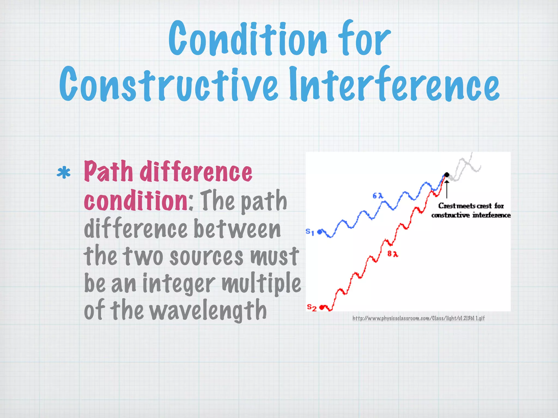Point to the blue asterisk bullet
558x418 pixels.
click(x=63, y=173)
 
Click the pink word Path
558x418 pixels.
click(x=108, y=171)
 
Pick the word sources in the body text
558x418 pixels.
click(x=206, y=257)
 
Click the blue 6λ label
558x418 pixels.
click(x=378, y=196)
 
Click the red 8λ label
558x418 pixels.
click(x=393, y=254)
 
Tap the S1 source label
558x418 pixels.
click(x=310, y=232)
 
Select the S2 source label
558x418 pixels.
click(x=311, y=308)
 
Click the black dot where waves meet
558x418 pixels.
click(x=447, y=175)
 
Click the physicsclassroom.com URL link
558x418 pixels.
click(x=418, y=318)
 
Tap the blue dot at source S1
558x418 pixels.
click(x=320, y=232)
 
